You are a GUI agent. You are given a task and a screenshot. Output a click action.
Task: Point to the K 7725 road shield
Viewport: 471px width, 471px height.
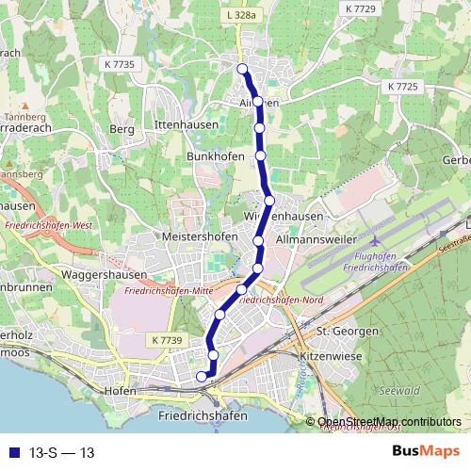(402, 87)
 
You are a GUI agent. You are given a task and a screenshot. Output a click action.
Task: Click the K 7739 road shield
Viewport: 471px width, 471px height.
(164, 339)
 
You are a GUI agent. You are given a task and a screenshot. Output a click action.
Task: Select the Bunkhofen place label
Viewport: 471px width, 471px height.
(216, 155)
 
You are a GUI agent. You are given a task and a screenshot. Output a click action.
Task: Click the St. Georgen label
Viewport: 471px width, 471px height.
(347, 332)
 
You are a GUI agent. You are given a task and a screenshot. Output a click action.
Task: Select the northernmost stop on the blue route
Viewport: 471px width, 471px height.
(242, 68)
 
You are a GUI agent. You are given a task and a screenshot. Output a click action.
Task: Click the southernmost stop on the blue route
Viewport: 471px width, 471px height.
(201, 377)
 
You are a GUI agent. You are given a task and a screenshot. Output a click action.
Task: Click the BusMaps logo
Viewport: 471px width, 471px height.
(426, 452)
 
